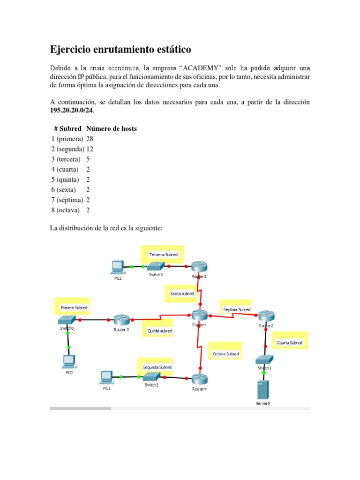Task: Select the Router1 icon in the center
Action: (199, 315)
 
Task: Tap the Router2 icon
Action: (266, 315)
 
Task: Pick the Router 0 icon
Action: (121, 320)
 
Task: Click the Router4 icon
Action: (199, 379)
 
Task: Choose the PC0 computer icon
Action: (69, 360)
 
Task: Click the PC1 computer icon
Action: (106, 376)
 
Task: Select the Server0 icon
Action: (262, 390)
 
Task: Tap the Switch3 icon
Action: (156, 266)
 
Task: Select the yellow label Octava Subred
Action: (225, 354)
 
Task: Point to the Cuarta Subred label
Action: (289, 343)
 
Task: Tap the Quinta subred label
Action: (160, 330)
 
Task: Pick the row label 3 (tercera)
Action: (67, 159)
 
